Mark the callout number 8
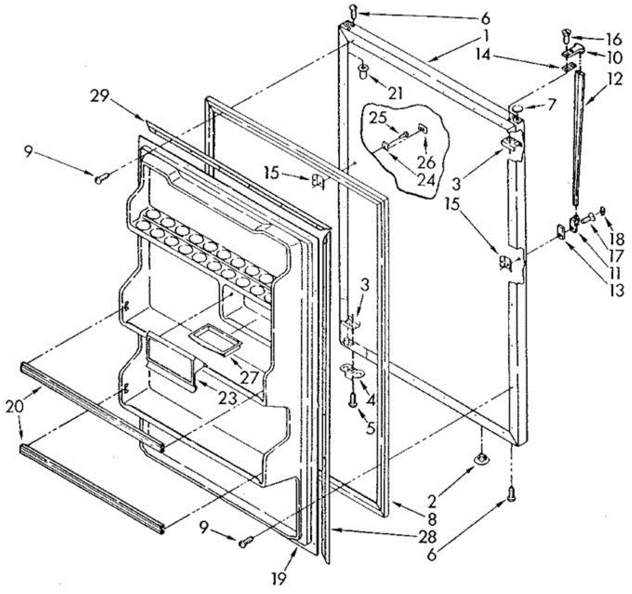coord(432,520)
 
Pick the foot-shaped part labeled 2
coord(481,459)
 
